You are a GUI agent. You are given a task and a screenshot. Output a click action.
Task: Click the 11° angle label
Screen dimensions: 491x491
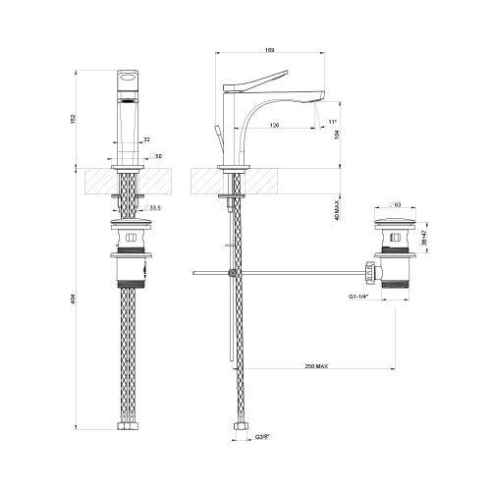pyautogui.click(x=332, y=122)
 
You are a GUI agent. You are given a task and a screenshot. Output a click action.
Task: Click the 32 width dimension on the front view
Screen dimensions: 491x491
pyautogui.click(x=145, y=140)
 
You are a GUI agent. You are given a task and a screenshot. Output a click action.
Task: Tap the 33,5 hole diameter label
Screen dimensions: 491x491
pyautogui.click(x=155, y=208)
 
